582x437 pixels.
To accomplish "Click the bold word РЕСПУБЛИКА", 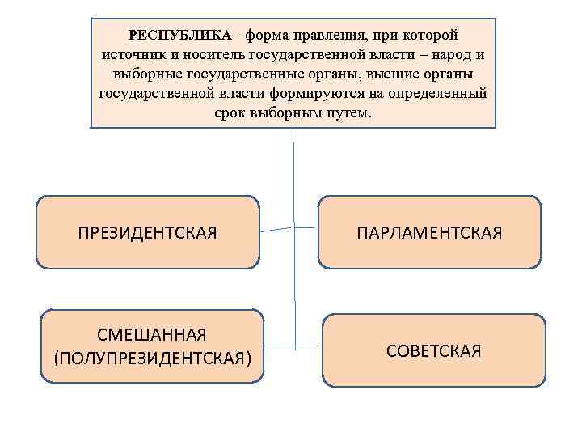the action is click(x=180, y=36).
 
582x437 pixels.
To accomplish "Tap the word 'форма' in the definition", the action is click(x=268, y=36).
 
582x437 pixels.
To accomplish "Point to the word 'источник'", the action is click(x=134, y=55).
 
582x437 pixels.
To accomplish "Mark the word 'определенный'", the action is click(x=440, y=94).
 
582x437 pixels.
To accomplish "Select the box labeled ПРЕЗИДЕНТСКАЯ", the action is click(x=148, y=232).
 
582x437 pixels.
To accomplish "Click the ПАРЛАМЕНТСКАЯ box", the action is click(x=429, y=232).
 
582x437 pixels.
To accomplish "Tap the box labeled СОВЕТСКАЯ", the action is click(x=434, y=350).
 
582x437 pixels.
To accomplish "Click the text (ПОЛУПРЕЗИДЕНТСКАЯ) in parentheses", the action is click(x=152, y=357).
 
